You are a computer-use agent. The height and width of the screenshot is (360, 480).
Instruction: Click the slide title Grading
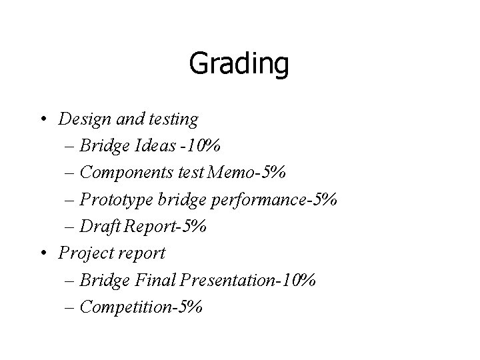tap(239, 65)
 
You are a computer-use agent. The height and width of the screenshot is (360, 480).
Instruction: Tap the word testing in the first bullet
tap(174, 120)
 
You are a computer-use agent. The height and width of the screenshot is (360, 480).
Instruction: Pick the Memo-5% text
tap(247, 173)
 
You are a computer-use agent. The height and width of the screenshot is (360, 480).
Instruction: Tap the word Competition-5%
tap(140, 307)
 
